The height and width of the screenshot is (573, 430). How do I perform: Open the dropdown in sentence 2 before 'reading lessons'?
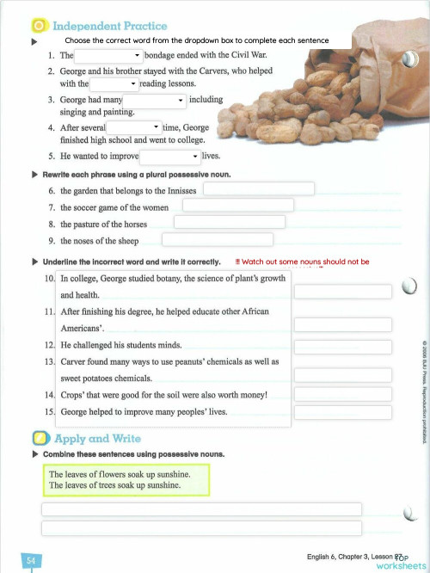click(x=114, y=84)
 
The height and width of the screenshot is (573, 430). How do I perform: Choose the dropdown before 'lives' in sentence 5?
click(x=170, y=157)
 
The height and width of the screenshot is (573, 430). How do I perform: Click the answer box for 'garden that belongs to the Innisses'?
click(x=258, y=188)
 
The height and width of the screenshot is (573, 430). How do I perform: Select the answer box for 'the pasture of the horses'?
click(x=228, y=222)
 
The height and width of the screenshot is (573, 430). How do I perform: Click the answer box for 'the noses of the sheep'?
click(x=218, y=239)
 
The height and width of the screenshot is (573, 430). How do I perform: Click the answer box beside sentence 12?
click(x=342, y=344)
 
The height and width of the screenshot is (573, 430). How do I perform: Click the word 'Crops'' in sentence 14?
click(x=73, y=395)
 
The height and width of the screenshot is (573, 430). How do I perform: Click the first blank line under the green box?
click(x=201, y=509)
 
